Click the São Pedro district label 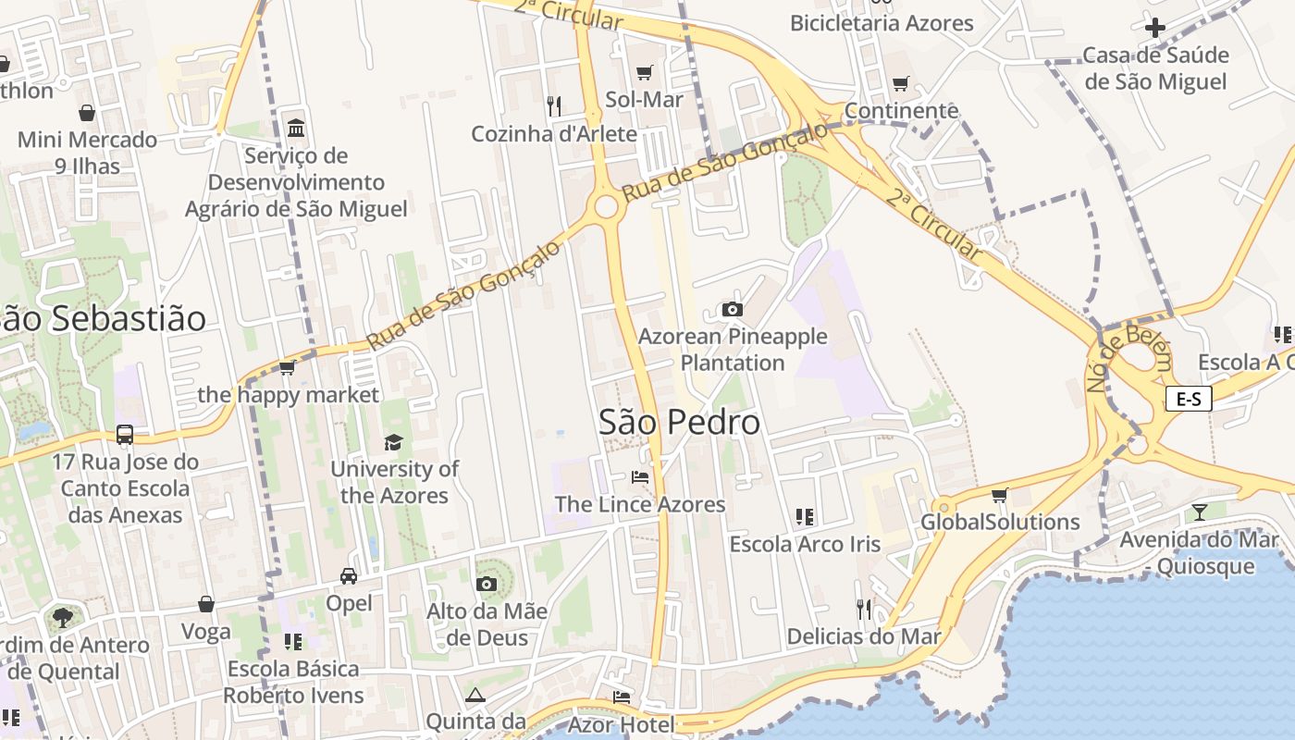click(x=679, y=422)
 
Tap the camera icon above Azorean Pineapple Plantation click(x=733, y=309)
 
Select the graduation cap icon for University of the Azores click(x=394, y=442)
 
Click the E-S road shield click(x=1188, y=400)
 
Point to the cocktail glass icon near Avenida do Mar click(x=1200, y=512)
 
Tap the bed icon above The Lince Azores click(x=640, y=477)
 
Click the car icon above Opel click(x=349, y=575)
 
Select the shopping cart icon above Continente click(x=901, y=84)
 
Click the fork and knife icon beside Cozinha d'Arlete click(x=554, y=106)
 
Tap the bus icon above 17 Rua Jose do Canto click(x=125, y=434)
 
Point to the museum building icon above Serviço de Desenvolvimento click(x=296, y=127)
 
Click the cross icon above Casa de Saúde click(x=1155, y=27)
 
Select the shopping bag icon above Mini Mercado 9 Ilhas click(x=87, y=113)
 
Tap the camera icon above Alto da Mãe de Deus click(x=487, y=584)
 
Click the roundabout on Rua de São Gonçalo click(x=606, y=206)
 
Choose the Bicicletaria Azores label click(x=882, y=23)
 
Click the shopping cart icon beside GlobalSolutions click(x=999, y=496)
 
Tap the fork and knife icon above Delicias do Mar click(x=864, y=609)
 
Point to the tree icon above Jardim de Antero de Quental click(x=63, y=616)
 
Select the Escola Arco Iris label click(x=805, y=544)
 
